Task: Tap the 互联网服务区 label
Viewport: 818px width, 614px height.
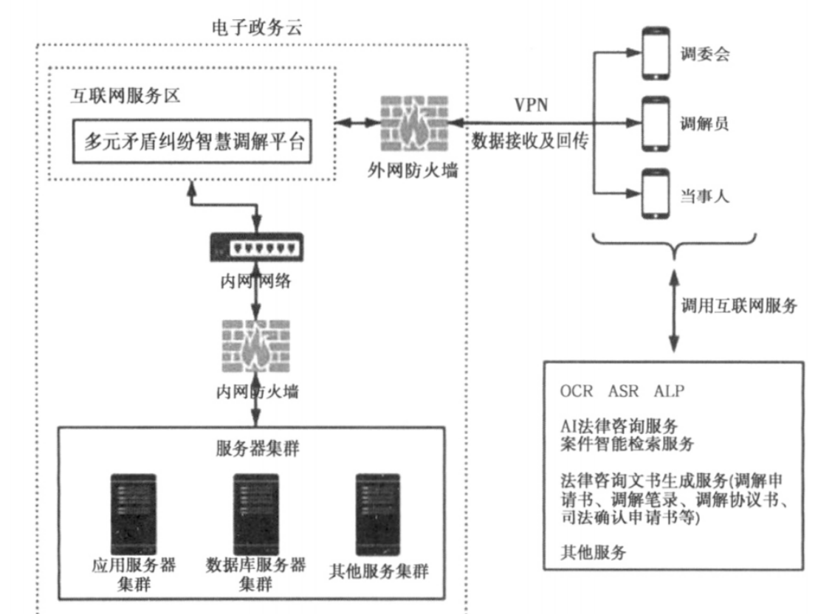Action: tap(126, 97)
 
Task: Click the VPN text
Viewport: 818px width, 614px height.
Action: tap(531, 105)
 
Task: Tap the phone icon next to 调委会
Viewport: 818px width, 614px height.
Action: tap(654, 53)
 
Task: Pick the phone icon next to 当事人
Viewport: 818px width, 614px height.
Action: tap(654, 195)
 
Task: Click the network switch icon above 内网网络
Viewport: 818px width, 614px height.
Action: tap(255, 246)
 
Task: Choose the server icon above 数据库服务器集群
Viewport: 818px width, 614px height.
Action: tap(255, 509)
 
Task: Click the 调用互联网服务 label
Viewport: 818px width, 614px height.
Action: tap(739, 306)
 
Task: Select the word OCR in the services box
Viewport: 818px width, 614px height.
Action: tap(576, 390)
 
